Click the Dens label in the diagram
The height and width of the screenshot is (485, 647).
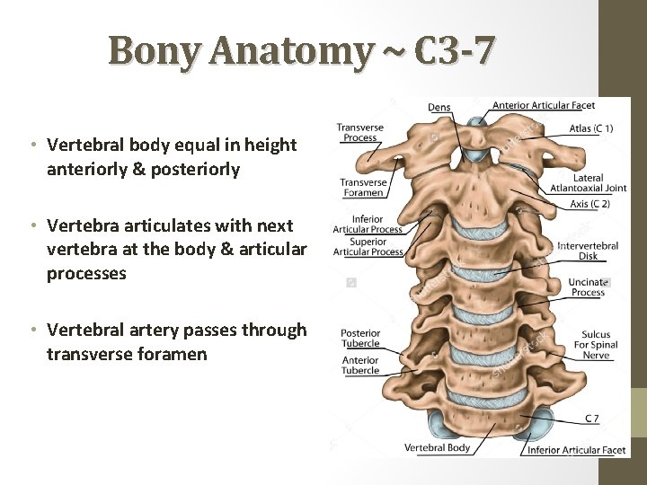(x=439, y=107)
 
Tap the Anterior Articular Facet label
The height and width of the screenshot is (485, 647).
(x=544, y=106)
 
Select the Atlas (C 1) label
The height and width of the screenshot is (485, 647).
(x=591, y=128)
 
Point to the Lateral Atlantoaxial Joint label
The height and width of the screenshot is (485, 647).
(x=588, y=183)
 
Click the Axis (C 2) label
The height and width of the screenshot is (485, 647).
(x=589, y=205)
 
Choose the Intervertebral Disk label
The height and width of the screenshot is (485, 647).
(x=588, y=251)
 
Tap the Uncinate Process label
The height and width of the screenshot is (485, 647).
(x=588, y=287)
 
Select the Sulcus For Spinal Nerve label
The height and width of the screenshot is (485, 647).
(x=595, y=345)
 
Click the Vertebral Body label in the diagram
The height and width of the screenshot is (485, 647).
(x=436, y=447)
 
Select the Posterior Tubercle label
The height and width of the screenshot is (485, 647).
(x=360, y=338)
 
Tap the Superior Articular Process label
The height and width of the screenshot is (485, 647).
(x=368, y=247)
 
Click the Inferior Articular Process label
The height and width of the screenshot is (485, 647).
(x=368, y=224)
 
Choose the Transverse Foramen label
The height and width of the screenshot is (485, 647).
(x=362, y=188)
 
